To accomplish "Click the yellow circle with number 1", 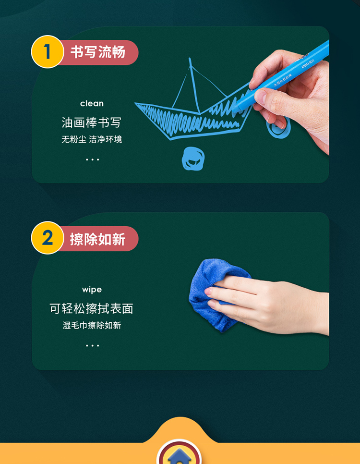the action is pos(48,52).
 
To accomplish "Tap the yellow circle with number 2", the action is pos(48,238).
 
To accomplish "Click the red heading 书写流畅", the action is pos(97,52).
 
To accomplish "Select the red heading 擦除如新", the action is pos(97,239).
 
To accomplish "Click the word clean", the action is pos(92,104).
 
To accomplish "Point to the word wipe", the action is pos(92,290).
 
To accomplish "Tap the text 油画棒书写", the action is pos(91,122).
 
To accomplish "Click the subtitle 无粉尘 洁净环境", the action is pos(92,139).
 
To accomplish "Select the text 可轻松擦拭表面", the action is pos(91,309).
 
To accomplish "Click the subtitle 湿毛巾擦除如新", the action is pos(92,325).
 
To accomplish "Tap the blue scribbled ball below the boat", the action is pos(193,159).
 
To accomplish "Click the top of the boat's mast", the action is pos(190,59).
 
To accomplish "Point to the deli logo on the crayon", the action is pos(308,63).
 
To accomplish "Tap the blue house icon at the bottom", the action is pos(179,457).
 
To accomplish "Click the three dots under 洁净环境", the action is pos(92,159).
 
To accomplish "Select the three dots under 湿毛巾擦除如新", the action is pos(92,345).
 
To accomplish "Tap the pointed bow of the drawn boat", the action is pos(136,104).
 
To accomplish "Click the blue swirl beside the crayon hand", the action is pos(278,128).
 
